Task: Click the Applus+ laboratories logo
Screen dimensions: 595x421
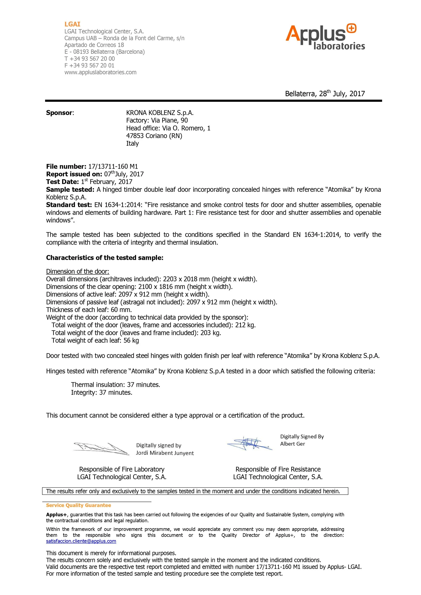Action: tap(325, 37)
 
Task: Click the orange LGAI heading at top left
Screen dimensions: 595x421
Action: tap(72, 24)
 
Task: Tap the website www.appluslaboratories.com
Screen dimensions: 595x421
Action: tap(100, 72)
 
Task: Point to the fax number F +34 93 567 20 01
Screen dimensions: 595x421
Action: tap(89, 66)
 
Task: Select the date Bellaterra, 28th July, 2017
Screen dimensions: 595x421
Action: tap(325, 94)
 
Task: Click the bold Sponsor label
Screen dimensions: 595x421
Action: tap(60, 113)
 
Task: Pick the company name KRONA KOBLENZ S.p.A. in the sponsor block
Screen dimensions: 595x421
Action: tap(160, 113)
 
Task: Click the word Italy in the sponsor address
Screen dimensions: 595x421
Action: tap(132, 143)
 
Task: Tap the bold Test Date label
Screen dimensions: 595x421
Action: tap(62, 182)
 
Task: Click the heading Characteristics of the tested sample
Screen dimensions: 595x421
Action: tap(105, 258)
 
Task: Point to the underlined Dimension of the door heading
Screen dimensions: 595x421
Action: tap(77, 271)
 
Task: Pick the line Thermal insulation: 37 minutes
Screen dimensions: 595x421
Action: tap(115, 385)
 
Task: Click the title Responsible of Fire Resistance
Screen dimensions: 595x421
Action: tap(278, 469)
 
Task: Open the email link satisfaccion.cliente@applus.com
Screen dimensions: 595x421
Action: tap(81, 541)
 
